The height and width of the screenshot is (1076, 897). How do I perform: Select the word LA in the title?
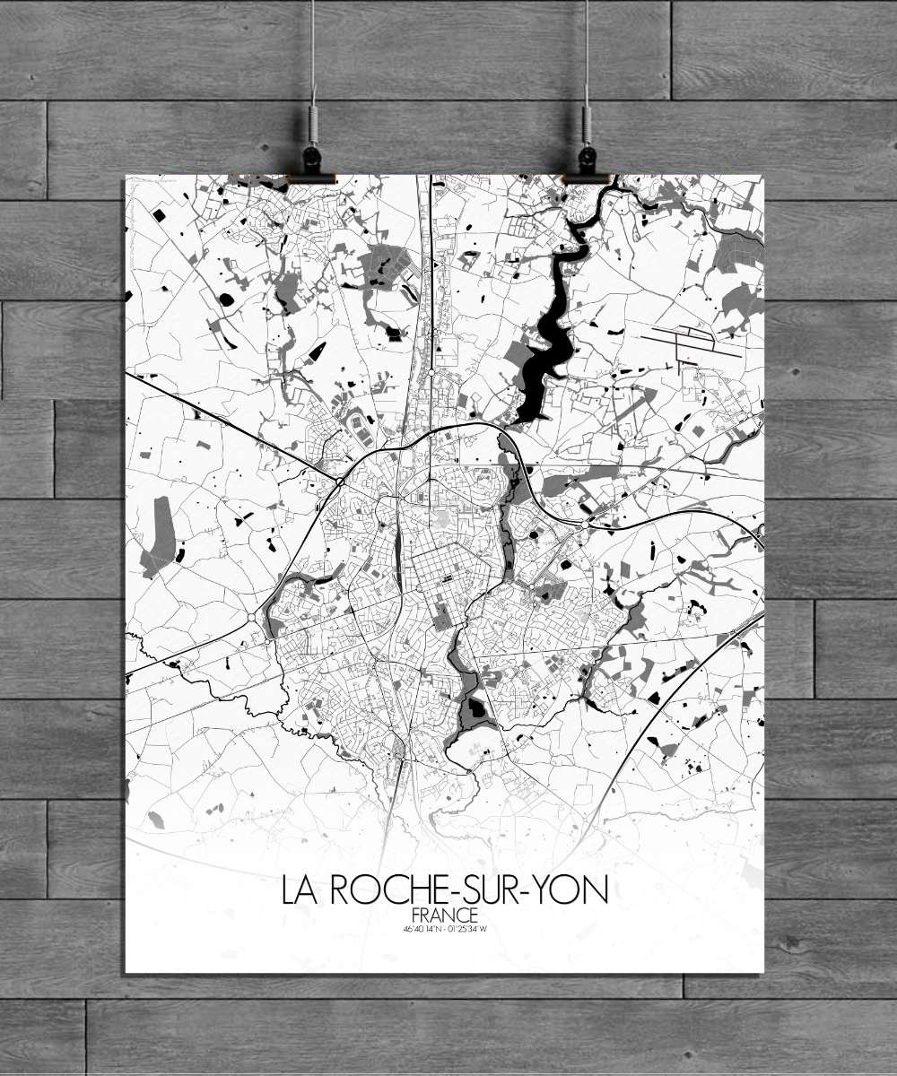pos(302,889)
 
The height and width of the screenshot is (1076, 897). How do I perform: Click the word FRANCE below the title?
pos(444,915)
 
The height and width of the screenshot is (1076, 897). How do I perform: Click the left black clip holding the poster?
pos(311,163)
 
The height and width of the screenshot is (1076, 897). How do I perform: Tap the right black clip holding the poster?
pos(587,163)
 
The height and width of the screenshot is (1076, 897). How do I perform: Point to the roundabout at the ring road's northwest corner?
pos(341,482)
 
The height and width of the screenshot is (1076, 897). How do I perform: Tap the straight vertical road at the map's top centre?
pos(431,269)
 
